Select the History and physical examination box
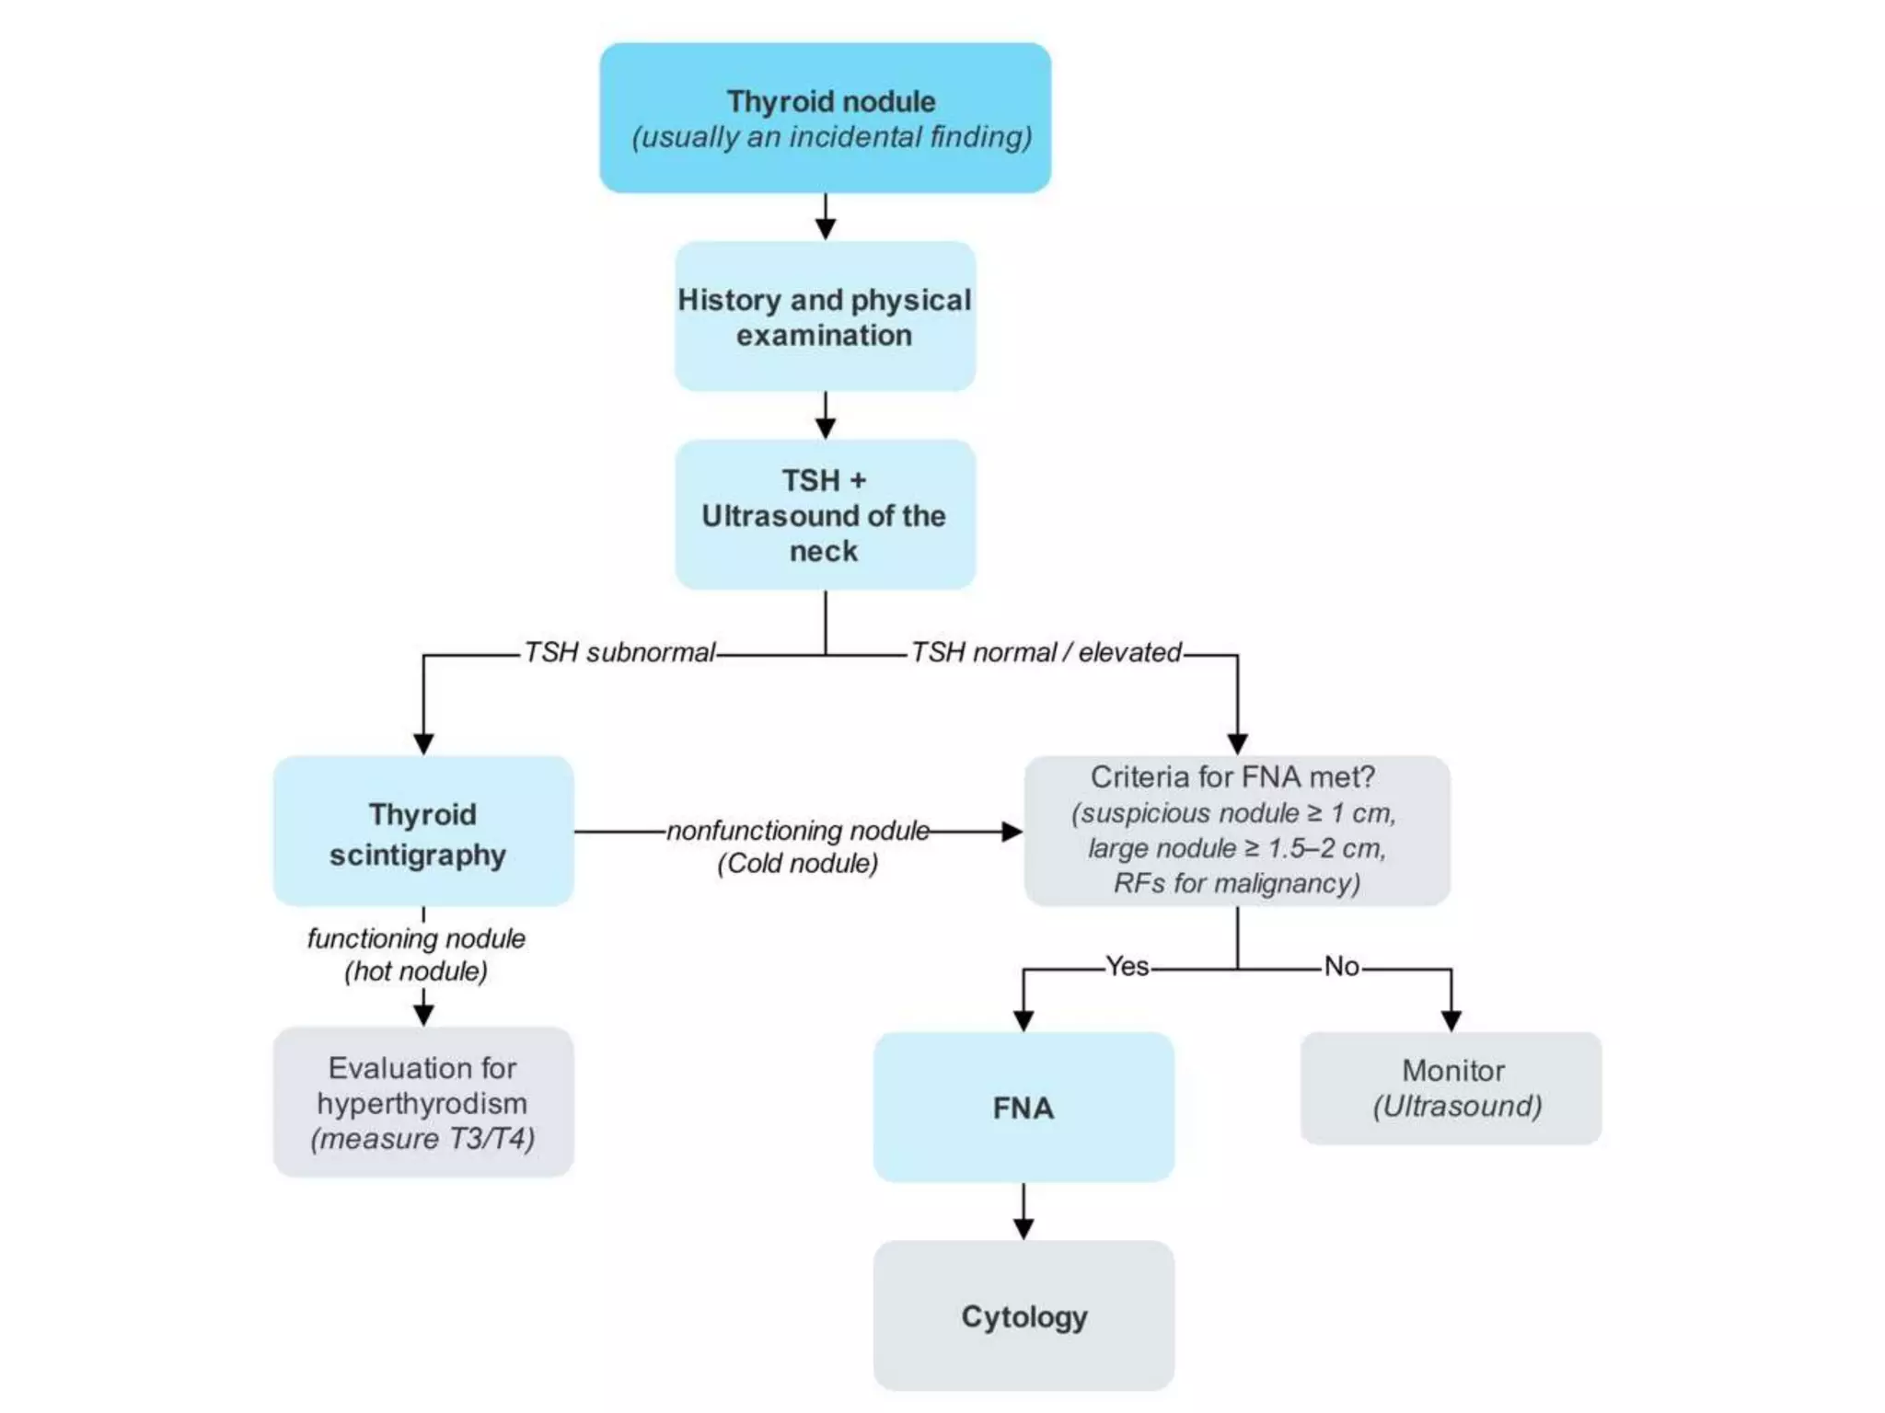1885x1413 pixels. click(x=825, y=316)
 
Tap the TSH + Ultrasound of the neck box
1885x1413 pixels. click(x=825, y=514)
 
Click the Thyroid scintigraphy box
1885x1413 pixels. click(x=422, y=832)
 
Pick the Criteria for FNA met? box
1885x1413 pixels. click(x=1236, y=831)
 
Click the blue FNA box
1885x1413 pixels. click(x=1023, y=1107)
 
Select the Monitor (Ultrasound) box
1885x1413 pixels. click(x=1451, y=1087)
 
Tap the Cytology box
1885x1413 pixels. click(x=1023, y=1315)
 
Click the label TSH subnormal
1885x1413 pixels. click(x=619, y=652)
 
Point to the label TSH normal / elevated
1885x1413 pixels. click(x=1046, y=652)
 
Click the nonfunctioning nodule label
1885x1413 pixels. click(x=797, y=831)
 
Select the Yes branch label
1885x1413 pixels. click(x=1127, y=966)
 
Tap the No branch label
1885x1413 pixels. click(x=1341, y=966)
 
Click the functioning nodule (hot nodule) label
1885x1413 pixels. click(x=416, y=954)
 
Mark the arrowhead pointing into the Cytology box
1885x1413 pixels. click(x=1023, y=1229)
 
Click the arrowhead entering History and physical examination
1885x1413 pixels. click(x=825, y=229)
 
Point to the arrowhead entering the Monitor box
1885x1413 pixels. click(x=1451, y=1020)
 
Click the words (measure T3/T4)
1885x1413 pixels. click(x=422, y=1139)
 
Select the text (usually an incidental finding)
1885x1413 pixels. click(x=831, y=137)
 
